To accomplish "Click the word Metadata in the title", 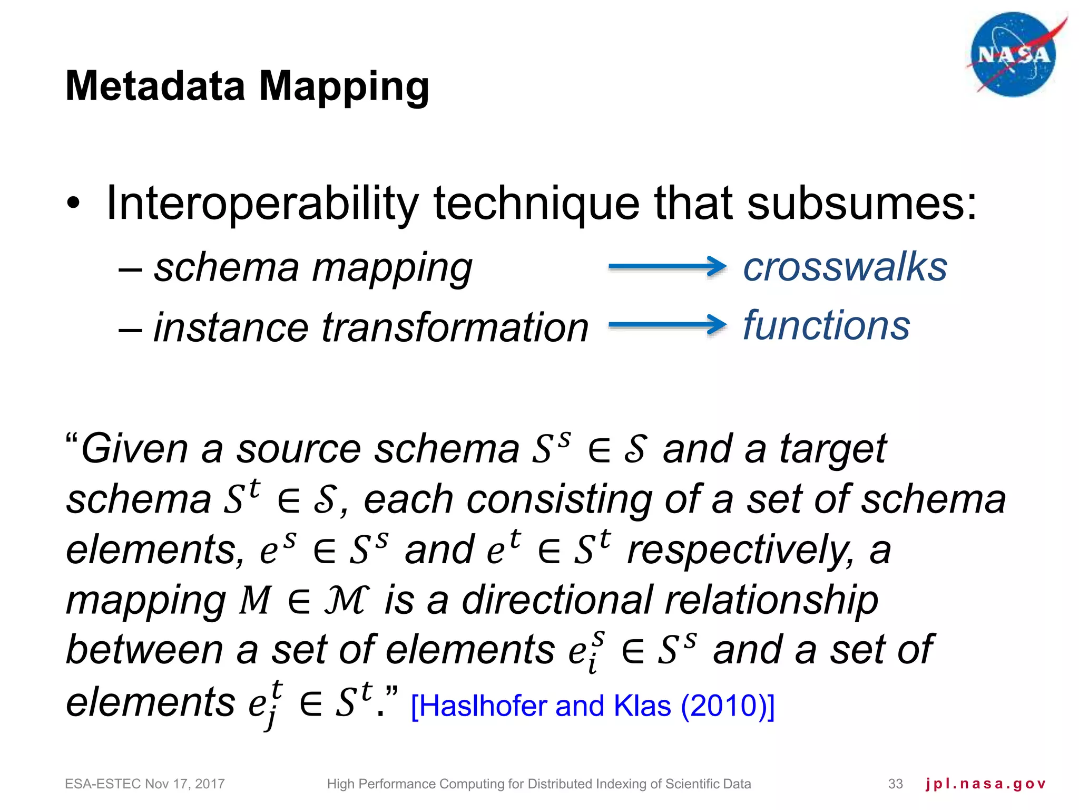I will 155,86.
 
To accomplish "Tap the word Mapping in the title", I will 344,87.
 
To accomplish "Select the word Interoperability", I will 262,204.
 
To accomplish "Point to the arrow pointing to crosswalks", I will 667,266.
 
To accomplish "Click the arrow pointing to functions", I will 667,325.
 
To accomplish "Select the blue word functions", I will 826,325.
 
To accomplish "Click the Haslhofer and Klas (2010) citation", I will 592,706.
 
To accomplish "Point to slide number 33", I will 895,784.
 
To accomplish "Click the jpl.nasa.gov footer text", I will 985,784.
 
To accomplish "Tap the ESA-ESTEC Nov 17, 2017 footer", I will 145,784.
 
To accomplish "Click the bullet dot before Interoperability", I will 74,204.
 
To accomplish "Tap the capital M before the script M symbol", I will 255,601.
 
